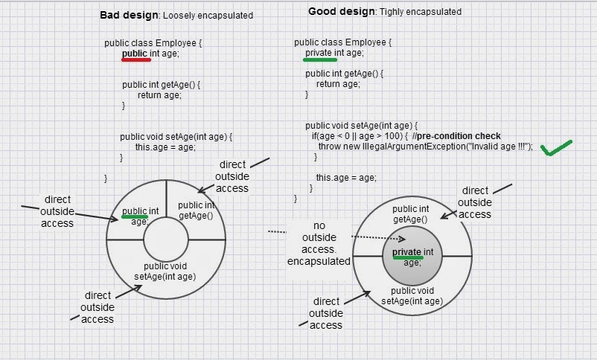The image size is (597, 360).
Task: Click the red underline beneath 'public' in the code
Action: pos(136,60)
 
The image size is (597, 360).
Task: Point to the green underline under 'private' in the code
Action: pos(320,60)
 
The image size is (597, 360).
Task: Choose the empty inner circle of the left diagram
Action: pos(165,240)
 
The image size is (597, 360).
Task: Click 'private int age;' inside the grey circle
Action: pos(412,257)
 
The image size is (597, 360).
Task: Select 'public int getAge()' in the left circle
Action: pos(196,210)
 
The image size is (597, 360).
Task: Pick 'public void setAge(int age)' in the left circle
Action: pos(165,271)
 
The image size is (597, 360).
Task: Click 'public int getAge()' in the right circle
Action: pos(411,214)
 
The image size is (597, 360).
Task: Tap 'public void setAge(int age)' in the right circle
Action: pos(412,296)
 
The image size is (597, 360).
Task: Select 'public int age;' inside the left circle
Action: pos(141,216)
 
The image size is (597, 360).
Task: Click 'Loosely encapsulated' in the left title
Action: pos(208,16)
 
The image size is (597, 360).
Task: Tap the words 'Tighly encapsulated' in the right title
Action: pos(421,12)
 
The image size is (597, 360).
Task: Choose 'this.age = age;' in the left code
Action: pos(165,147)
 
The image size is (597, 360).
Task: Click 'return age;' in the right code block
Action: pos(338,84)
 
